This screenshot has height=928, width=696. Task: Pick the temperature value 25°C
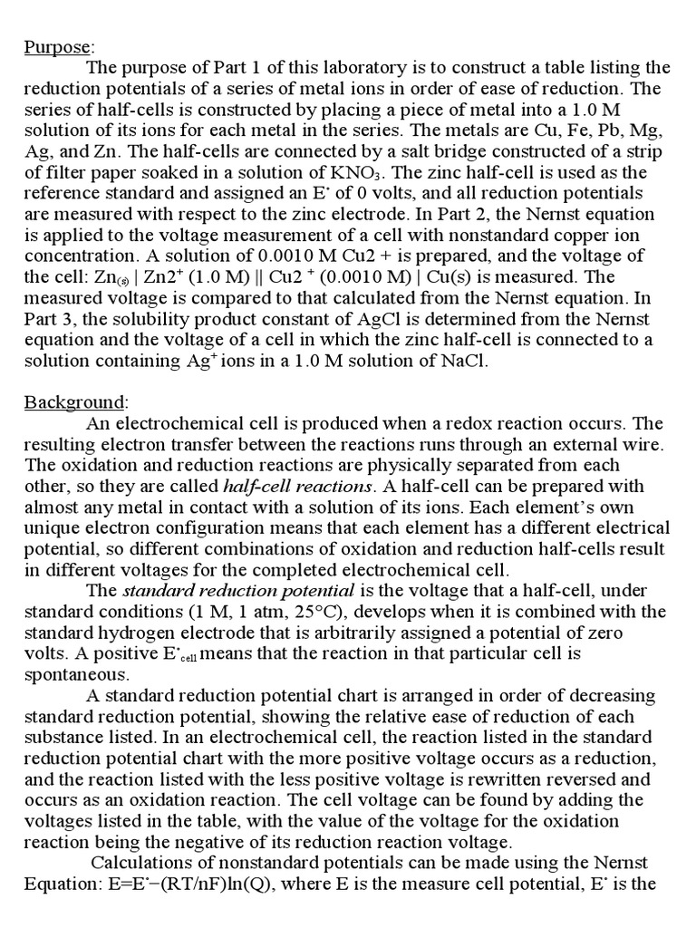click(x=366, y=611)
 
